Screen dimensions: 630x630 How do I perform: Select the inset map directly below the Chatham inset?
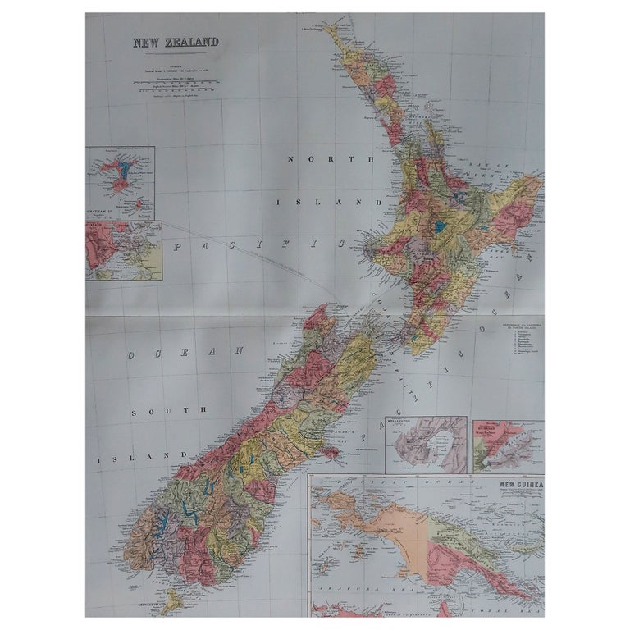123,250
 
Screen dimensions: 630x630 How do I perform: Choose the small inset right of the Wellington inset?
508,447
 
